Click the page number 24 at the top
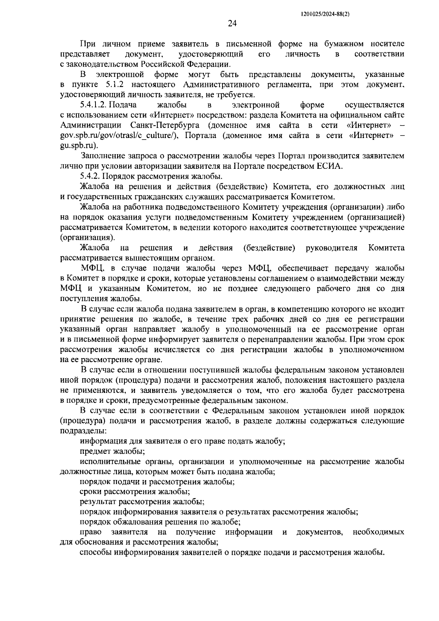pyautogui.click(x=232, y=24)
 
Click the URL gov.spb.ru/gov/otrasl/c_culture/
pyautogui.click(x=119, y=136)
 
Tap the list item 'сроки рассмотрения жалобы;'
pyautogui.click(x=135, y=492)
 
